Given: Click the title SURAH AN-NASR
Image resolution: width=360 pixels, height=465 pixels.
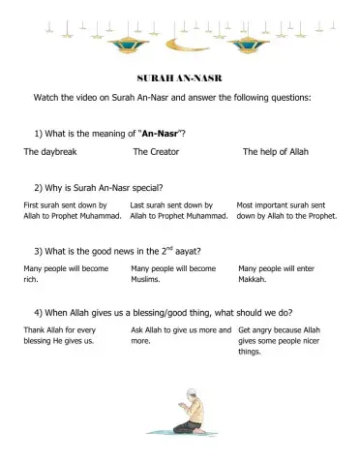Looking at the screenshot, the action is pos(180,77).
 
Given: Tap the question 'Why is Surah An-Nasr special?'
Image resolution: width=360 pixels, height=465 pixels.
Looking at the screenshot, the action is pos(98,187).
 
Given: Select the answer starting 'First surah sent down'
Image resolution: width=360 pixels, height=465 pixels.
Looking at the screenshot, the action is pos(73,210).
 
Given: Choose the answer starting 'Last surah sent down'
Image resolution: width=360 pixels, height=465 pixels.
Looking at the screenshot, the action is pos(179,210).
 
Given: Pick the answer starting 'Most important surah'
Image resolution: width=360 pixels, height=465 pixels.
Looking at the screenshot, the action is pos(286,210).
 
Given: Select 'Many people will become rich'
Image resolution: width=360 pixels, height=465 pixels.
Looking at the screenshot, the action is pos(66,273).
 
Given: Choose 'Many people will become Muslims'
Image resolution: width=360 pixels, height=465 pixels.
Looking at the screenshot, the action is pos(173,273).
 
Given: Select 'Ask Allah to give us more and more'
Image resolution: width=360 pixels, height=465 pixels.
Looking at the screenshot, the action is pos(180,336).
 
